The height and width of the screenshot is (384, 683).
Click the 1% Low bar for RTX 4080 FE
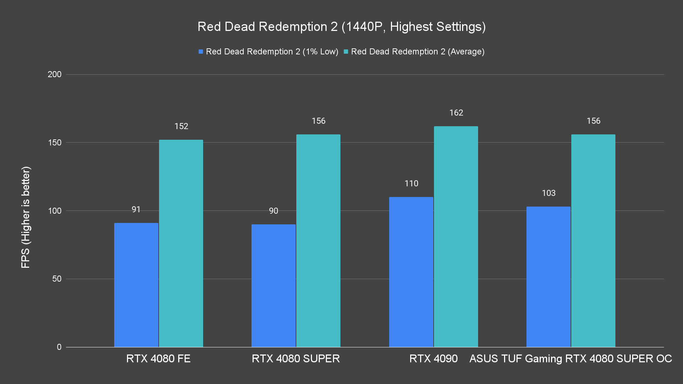[136, 284]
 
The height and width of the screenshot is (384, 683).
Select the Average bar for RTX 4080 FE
[181, 243]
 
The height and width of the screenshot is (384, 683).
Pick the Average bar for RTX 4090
[456, 236]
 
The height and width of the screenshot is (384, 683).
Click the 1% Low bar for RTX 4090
[411, 272]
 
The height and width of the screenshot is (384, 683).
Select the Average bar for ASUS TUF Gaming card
[593, 240]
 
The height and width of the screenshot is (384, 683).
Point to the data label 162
[456, 113]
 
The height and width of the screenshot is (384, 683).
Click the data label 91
[136, 209]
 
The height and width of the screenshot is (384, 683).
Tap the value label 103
[549, 193]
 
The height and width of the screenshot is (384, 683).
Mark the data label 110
[411, 183]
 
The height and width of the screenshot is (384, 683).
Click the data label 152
[181, 126]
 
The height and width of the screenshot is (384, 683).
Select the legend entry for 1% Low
[269, 52]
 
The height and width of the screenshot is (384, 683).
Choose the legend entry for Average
[414, 52]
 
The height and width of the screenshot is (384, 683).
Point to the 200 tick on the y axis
[54, 74]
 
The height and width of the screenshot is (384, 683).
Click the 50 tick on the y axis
[57, 279]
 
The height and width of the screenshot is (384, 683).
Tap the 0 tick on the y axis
[59, 347]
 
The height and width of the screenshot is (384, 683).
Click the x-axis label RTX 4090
[433, 358]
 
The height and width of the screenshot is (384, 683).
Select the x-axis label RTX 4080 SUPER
[296, 358]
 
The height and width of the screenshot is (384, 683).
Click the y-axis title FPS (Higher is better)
[26, 217]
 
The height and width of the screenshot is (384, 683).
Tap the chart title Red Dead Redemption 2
[341, 27]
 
